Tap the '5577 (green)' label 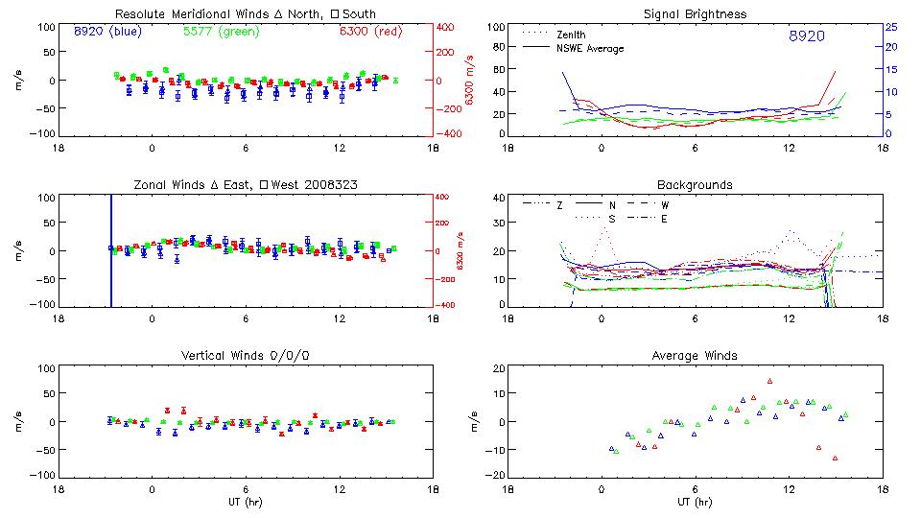(x=220, y=31)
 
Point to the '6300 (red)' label (x=371, y=31)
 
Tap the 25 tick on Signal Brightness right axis (x=890, y=27)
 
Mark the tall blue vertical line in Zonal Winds (x=111, y=249)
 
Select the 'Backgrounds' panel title (x=695, y=184)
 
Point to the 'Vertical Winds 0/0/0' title (x=245, y=356)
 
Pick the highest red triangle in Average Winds (x=769, y=381)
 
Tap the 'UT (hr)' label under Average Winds (x=695, y=502)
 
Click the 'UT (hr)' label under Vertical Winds (x=245, y=502)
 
